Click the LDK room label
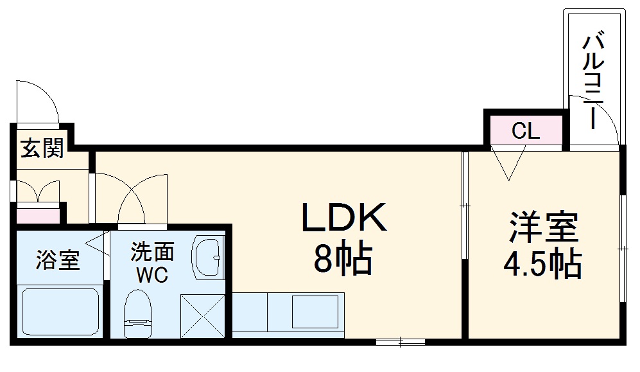click(345, 218)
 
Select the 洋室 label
click(544, 226)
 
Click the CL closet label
click(526, 132)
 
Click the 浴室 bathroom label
click(58, 261)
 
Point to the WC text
click(151, 275)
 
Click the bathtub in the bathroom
click(60, 311)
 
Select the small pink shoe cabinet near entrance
click(37, 213)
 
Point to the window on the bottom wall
click(400, 342)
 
